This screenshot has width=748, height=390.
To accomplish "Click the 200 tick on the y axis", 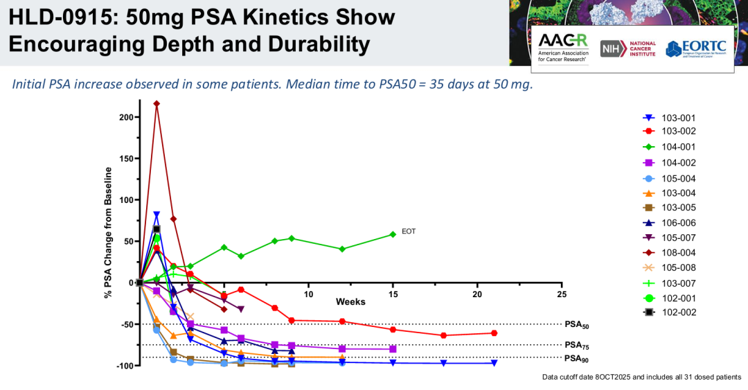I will click(x=125, y=117).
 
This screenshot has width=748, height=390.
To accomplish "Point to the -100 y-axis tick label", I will click(x=124, y=366).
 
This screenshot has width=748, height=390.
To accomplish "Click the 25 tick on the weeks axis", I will click(x=562, y=293).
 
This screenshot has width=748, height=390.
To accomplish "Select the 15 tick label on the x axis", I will click(x=393, y=293).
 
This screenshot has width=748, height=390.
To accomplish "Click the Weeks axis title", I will click(x=350, y=302).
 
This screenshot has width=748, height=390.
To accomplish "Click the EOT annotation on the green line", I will click(x=409, y=231).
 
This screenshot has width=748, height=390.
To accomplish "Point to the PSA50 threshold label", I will click(x=576, y=325).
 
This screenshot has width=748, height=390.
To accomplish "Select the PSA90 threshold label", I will click(x=576, y=359).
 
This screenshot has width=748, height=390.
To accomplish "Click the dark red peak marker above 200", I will click(x=157, y=104).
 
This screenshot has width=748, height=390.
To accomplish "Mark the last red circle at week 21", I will click(x=494, y=333).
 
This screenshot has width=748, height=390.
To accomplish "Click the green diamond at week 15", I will click(x=393, y=234).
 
